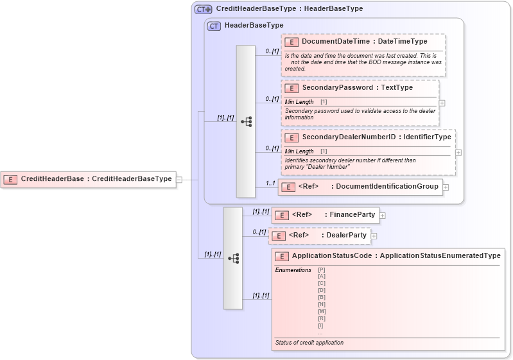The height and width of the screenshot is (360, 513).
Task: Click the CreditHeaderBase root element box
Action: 89,179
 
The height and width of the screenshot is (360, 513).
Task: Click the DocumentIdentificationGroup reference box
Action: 360,187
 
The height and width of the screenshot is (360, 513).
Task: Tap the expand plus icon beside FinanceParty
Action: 383,216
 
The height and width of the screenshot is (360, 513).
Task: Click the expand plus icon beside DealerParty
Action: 374,236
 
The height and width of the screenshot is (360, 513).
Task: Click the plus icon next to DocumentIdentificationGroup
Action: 446,187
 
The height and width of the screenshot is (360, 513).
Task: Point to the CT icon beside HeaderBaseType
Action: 214,26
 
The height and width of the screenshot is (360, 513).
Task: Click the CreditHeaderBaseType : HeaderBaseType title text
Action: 289,9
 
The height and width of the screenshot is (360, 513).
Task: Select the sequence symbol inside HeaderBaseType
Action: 246,121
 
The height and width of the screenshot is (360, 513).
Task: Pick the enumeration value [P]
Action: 322,270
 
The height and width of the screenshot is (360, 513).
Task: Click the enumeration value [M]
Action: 322,311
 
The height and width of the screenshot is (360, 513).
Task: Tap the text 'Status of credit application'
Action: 309,343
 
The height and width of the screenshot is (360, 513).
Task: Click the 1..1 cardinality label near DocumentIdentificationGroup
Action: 271,184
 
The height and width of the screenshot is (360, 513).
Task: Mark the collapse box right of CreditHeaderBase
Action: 179,180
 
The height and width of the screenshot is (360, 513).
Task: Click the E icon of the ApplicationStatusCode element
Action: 281,256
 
